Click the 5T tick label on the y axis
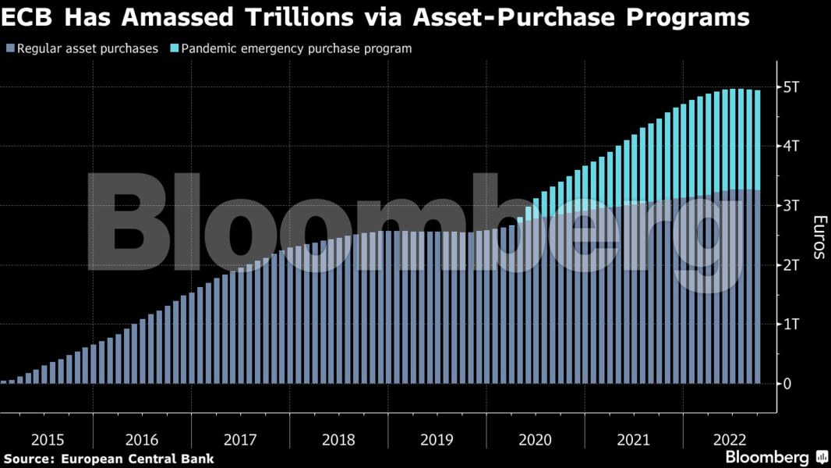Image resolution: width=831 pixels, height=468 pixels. pyautogui.click(x=790, y=87)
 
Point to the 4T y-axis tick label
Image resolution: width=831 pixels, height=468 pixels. pyautogui.click(x=790, y=146)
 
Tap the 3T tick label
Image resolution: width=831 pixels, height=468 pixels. pyautogui.click(x=790, y=205)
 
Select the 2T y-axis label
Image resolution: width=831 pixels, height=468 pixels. pyautogui.click(x=790, y=265)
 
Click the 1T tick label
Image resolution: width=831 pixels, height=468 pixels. pyautogui.click(x=790, y=324)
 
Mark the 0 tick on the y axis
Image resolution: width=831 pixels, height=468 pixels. pyautogui.click(x=787, y=384)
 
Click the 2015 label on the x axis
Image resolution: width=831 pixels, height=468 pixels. pyautogui.click(x=48, y=440)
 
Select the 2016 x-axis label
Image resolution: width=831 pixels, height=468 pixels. pyautogui.click(x=142, y=440)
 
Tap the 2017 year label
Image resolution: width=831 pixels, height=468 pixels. pyautogui.click(x=240, y=440)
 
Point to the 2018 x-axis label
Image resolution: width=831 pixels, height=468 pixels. pyautogui.click(x=338, y=440)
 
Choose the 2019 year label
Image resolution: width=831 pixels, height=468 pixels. pyautogui.click(x=437, y=440)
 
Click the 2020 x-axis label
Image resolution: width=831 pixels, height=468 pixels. pyautogui.click(x=535, y=440)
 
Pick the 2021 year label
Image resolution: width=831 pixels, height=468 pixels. pyautogui.click(x=633, y=440)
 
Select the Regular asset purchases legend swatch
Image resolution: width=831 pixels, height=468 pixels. pyautogui.click(x=9, y=48)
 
